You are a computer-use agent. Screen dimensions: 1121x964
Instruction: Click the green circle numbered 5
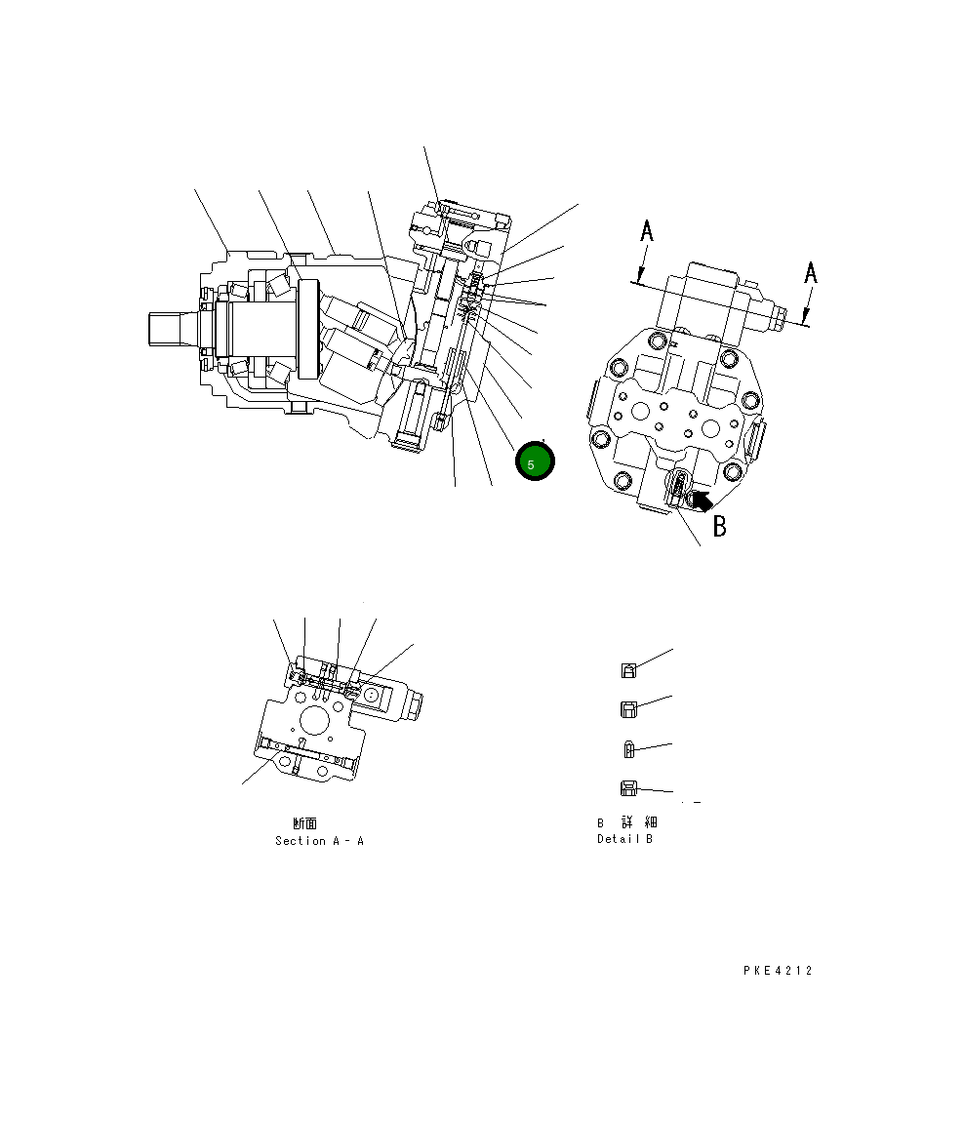tap(535, 461)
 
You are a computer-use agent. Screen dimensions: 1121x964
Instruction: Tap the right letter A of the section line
tap(810, 273)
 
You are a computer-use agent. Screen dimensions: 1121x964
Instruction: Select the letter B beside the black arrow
tap(720, 527)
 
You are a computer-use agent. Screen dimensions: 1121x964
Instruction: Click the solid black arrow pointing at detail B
tap(700, 500)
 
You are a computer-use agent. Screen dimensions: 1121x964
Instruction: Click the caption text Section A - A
tap(319, 841)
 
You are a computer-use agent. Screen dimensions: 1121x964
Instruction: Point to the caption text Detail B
tap(624, 839)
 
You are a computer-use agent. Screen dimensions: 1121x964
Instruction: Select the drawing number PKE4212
tap(777, 971)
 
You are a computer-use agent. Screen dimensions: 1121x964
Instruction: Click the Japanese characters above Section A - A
tap(304, 823)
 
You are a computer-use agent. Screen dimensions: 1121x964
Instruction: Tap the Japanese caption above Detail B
tap(626, 822)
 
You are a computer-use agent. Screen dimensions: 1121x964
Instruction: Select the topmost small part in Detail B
tap(630, 670)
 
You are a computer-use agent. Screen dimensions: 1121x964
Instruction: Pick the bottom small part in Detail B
tap(629, 788)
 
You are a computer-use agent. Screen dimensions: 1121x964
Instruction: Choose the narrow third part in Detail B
tap(629, 749)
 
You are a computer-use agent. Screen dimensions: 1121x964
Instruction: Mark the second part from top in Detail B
tap(629, 709)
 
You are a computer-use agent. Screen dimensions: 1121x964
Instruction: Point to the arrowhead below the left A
tap(639, 277)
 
